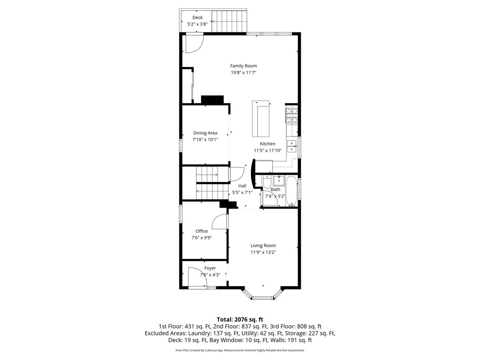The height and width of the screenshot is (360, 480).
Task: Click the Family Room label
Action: coord(243,66)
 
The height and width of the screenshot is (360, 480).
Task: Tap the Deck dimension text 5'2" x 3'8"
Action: coord(198,24)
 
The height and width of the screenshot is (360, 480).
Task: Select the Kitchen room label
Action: coord(268,144)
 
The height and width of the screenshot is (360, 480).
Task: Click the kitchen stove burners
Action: coord(291,116)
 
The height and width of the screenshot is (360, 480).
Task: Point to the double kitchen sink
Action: coord(292,146)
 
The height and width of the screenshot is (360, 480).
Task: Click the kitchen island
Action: coord(261,119)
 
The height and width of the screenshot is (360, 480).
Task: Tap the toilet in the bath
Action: coord(267,182)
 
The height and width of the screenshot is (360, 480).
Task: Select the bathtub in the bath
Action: coord(292,191)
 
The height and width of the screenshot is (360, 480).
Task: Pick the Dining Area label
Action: coord(205,133)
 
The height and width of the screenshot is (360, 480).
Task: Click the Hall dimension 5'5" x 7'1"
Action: coord(242,192)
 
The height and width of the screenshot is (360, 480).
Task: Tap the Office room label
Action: coord(202,231)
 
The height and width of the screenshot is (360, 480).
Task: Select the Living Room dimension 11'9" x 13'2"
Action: coord(263,252)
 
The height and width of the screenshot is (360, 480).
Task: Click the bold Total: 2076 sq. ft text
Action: coord(240,320)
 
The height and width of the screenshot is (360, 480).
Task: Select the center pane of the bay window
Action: coord(263,298)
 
